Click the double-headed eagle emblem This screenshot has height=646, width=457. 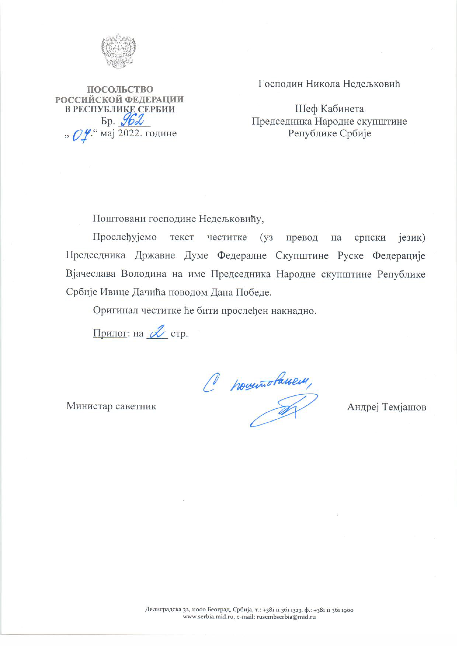(118, 51)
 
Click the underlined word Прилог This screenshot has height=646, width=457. (110, 334)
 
